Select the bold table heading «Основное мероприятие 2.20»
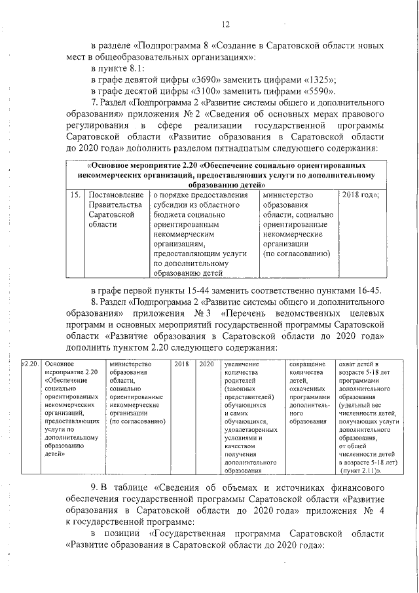point(143,166)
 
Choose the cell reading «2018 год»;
point(360,195)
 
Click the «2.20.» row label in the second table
point(31,364)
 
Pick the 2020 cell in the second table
point(206,364)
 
